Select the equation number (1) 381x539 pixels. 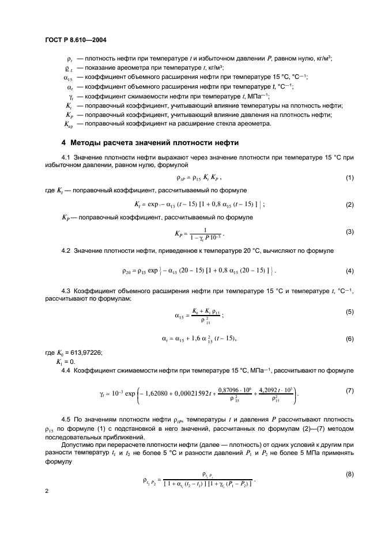[x=349, y=179]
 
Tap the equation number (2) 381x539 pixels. [x=349, y=204]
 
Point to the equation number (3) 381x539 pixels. [x=349, y=231]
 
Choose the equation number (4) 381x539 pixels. [x=349, y=271]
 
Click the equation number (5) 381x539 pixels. [x=349, y=312]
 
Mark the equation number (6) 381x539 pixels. [x=349, y=339]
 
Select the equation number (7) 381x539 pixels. [x=349, y=391]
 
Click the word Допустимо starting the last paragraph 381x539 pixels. [x=78, y=449]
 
